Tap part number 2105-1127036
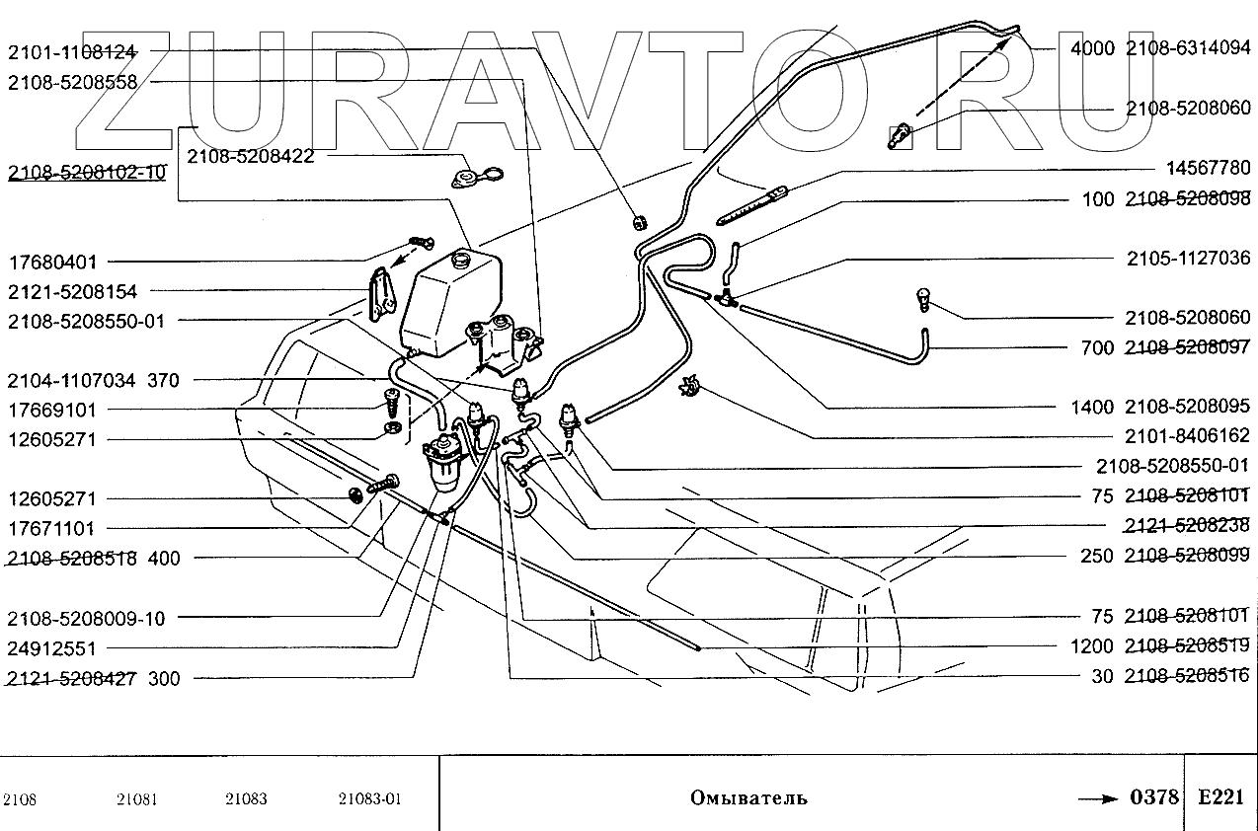1188,260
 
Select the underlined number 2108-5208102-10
86,174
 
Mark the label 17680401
53,263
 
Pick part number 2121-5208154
72,292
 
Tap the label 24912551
53,648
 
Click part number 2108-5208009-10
86,619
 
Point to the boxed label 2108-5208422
253,155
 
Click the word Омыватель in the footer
748,797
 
